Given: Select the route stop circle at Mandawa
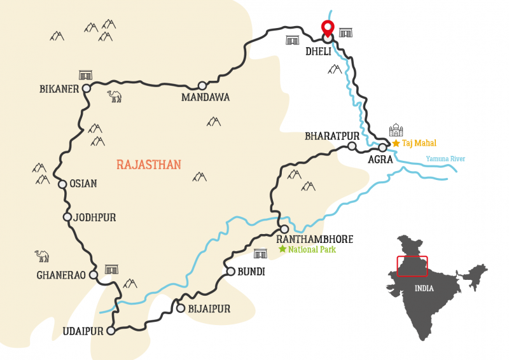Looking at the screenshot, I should pos(202,86).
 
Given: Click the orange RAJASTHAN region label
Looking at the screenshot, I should pos(149,165).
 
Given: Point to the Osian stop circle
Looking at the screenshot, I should pos(62,184).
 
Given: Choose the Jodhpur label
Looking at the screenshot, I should pos(95,218).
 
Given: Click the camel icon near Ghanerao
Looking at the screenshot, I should pos(42,256).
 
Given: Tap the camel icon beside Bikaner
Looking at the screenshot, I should pos(115,96).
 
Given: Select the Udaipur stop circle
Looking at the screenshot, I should pos(111,331).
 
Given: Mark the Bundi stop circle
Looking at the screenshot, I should pos(230,271).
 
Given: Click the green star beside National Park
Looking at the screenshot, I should pos(282,249).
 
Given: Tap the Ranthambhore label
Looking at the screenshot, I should pos(314,239).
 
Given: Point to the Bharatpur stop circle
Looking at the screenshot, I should pos(351,147).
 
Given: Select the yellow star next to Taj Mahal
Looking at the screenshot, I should pos(396,144).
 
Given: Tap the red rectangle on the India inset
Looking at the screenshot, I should pos(412,266).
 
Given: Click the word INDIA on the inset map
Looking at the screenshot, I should pos(424,288).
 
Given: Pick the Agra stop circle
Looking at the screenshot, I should pos(382,148).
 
